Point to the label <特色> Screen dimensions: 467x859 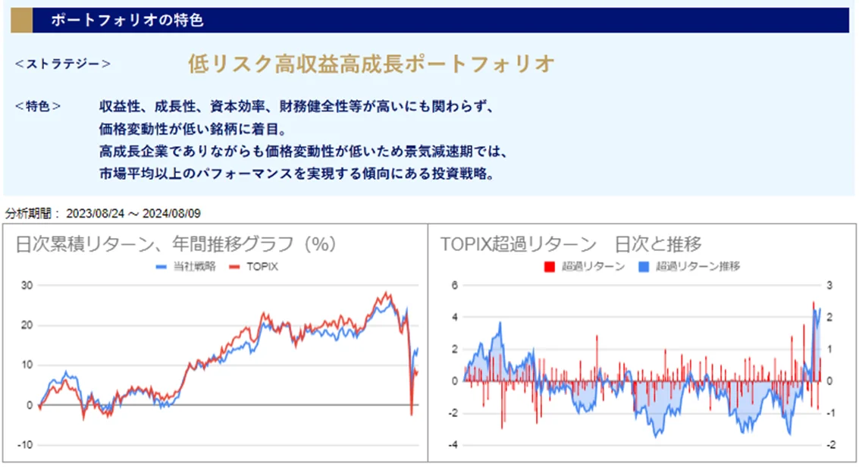coord(38,107)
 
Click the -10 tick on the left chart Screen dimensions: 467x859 coord(24,445)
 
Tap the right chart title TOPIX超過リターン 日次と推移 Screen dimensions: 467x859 coord(571,244)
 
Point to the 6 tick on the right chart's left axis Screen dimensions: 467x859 coord(455,285)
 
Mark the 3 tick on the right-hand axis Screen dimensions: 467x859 coord(829,285)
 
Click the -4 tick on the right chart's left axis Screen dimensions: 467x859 coord(453,445)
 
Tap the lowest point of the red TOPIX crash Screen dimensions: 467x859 coord(411,415)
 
